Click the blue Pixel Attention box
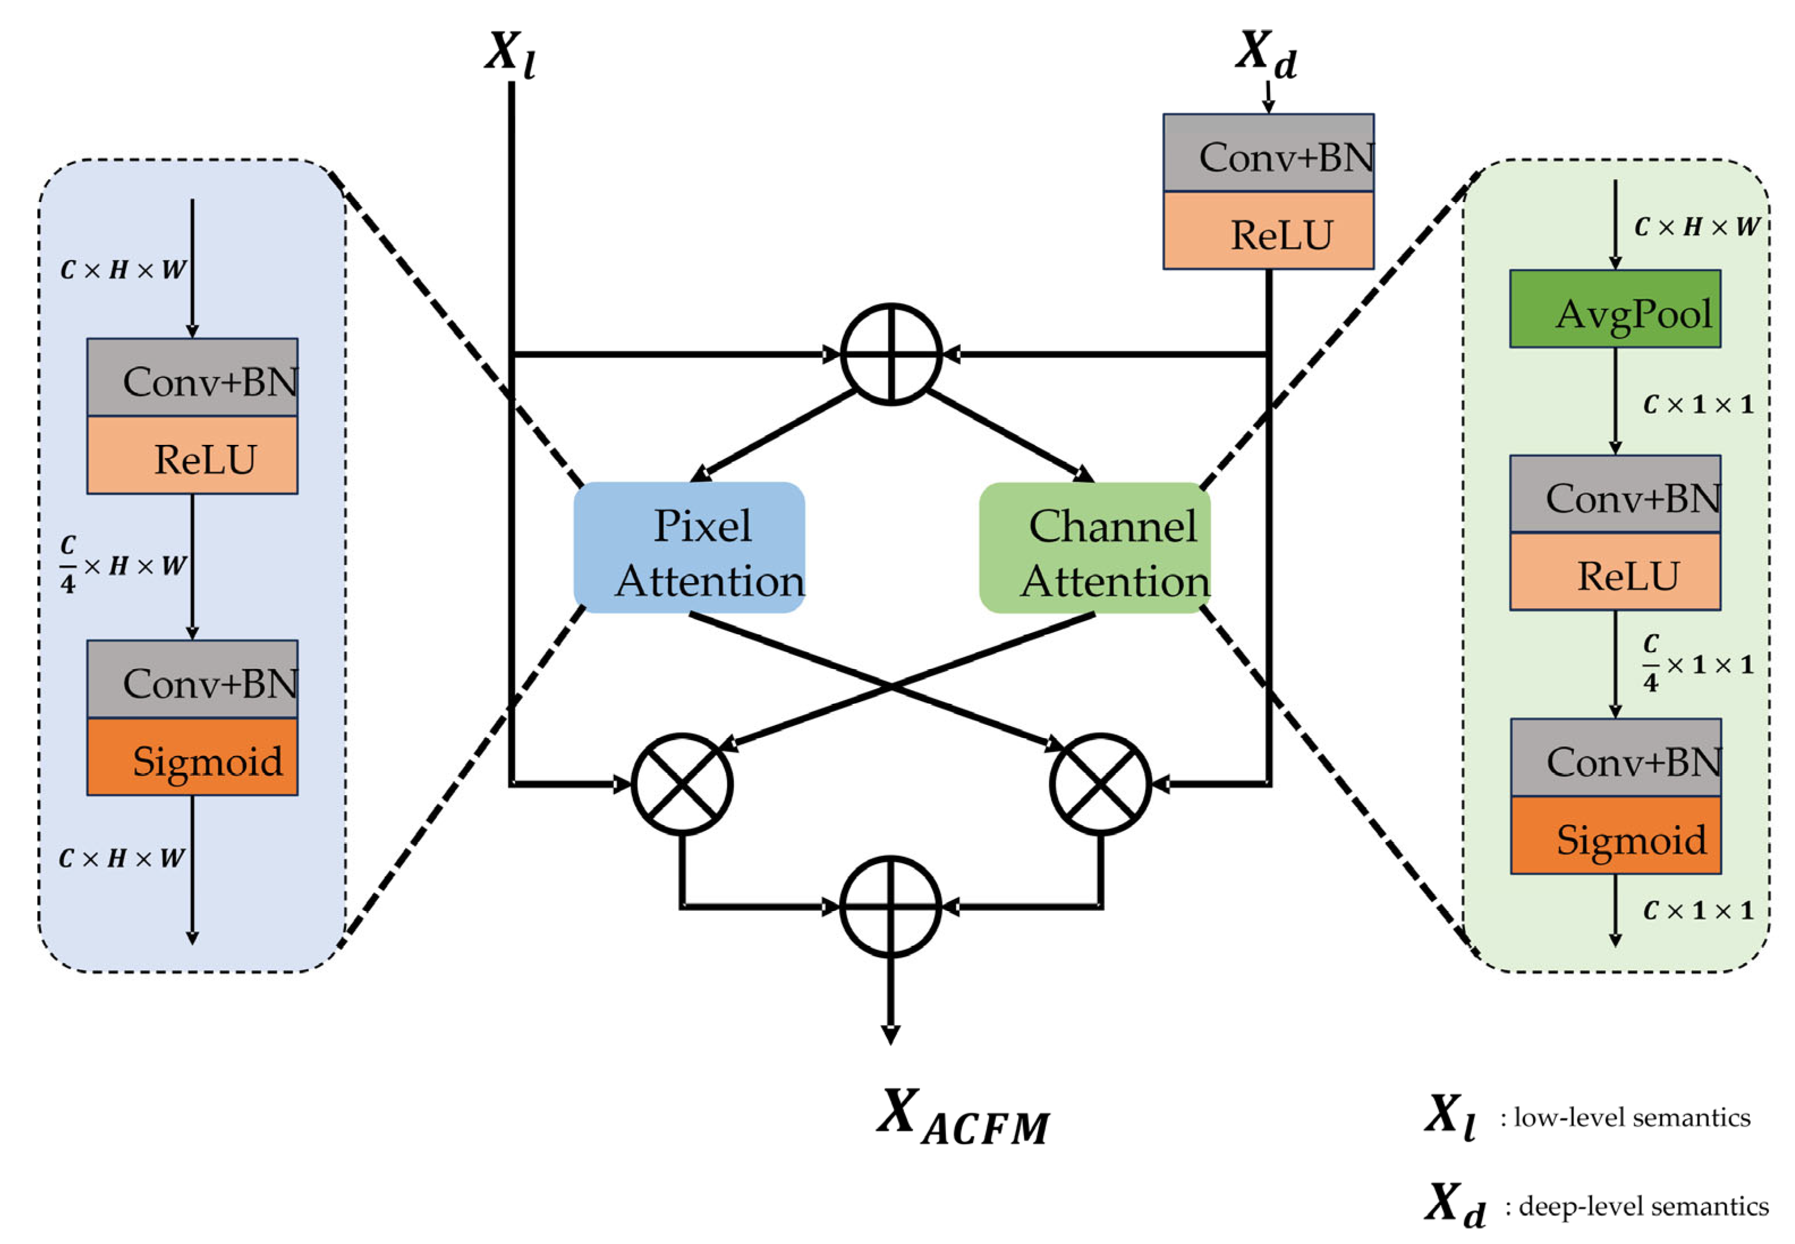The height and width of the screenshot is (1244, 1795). click(689, 546)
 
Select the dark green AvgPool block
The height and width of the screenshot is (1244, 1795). click(1614, 309)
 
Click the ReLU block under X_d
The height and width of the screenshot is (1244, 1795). click(1267, 231)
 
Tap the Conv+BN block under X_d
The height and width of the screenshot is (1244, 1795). click(1267, 153)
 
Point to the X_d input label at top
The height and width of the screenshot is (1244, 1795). click(1265, 54)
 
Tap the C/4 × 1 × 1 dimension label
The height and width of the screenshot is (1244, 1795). click(1697, 663)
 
